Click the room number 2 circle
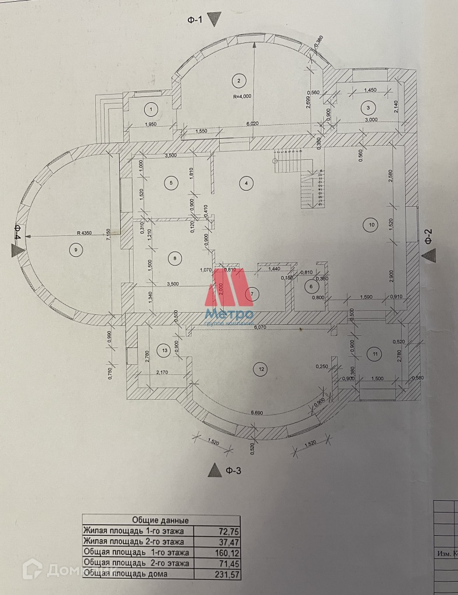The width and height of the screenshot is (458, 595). click(238, 80)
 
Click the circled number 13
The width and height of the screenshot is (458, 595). click(166, 350)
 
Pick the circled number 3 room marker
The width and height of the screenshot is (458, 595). click(367, 107)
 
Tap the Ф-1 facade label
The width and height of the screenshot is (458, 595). click(194, 20)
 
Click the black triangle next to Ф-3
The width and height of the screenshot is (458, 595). click(215, 469)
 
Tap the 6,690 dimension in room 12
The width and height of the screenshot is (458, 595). click(256, 413)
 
